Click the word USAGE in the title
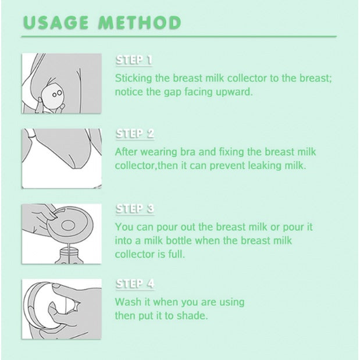coord(56,23)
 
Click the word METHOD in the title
coord(140,23)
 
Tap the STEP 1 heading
coord(134,60)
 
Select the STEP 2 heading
coord(135,133)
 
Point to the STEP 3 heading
coord(135,208)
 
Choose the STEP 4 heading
coord(135,284)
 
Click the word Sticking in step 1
coord(133,79)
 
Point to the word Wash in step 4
coord(129,302)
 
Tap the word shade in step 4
coord(195,316)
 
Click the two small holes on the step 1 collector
coord(57,94)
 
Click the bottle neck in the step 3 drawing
coord(69,252)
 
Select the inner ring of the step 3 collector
coord(68,225)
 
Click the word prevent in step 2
coord(227,166)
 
